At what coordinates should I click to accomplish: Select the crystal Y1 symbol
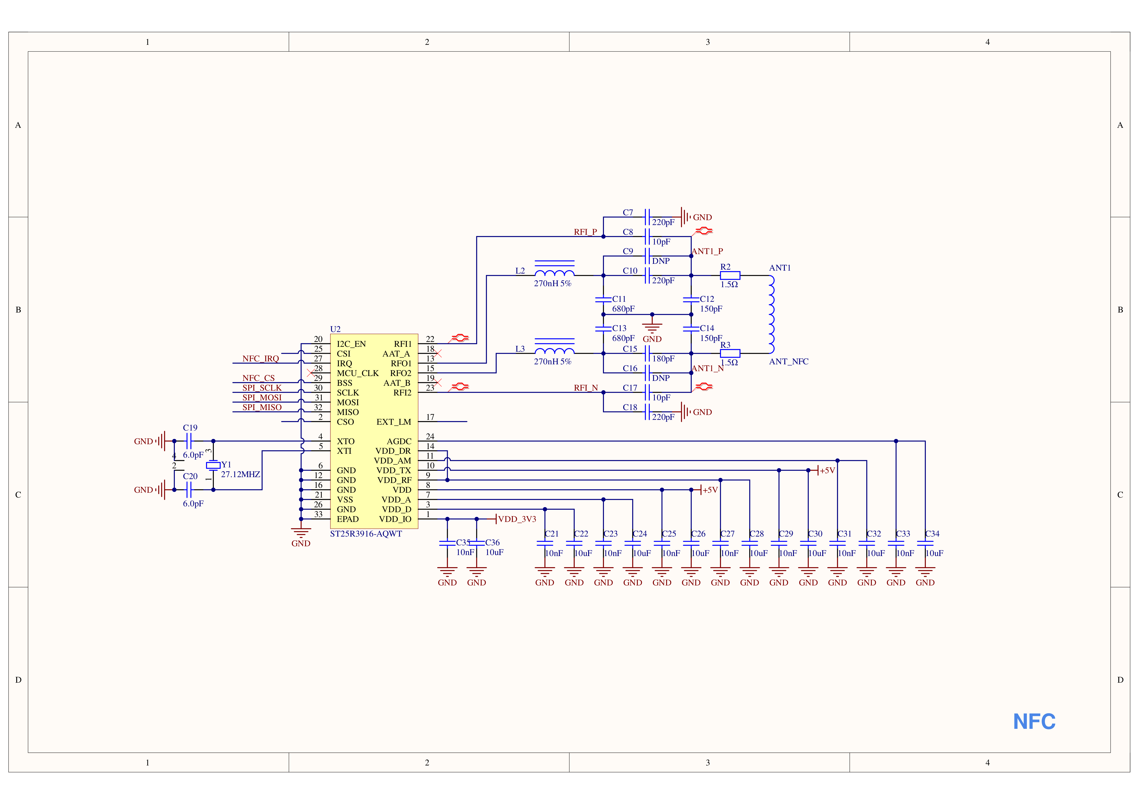213,465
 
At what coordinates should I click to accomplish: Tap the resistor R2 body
730,275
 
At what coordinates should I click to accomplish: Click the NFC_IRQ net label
261,358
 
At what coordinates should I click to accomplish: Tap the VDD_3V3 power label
517,519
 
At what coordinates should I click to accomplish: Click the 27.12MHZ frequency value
240,474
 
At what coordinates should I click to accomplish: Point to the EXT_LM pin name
394,422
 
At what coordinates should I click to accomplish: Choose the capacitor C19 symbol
189,441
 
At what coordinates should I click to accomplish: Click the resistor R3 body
730,353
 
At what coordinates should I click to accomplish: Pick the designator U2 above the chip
335,329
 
